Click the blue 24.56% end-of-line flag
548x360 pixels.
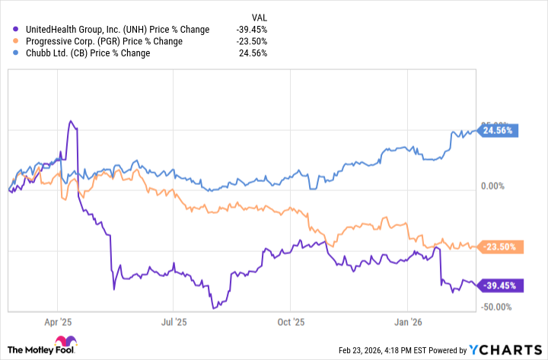499,130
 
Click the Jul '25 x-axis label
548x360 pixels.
174,323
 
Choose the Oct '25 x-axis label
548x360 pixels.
291,323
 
